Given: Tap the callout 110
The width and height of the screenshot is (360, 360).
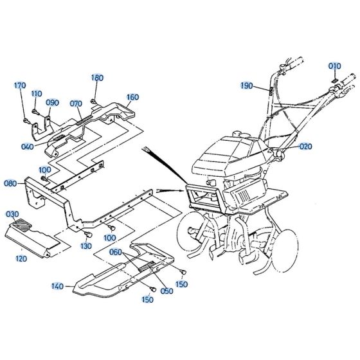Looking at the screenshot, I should [x=37, y=93].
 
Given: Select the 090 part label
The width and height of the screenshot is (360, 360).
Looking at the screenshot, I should [x=53, y=102].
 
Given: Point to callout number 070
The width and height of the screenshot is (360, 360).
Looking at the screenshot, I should [x=76, y=102].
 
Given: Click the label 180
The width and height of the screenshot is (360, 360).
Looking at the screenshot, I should [x=97, y=78].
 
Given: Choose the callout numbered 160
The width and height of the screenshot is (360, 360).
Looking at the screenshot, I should [x=132, y=98].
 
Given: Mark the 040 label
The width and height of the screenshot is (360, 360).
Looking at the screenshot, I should [x=28, y=146].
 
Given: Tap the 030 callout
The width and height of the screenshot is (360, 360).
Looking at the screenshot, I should [x=13, y=213].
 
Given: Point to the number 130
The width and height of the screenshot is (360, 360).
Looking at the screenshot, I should [x=85, y=246].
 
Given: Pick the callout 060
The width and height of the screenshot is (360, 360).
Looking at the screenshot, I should [x=116, y=252].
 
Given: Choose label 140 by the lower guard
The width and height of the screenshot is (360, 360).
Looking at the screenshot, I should [x=59, y=286].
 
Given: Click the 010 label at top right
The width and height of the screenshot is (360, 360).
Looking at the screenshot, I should [x=335, y=66].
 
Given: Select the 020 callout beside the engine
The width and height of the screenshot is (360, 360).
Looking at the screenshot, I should [x=305, y=147].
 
